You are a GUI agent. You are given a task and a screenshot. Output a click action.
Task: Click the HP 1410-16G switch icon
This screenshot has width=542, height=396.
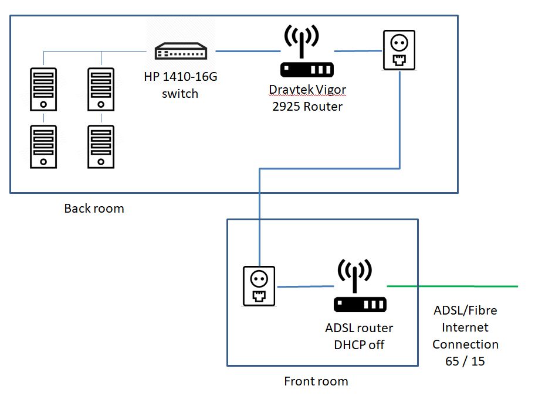pyautogui.click(x=181, y=52)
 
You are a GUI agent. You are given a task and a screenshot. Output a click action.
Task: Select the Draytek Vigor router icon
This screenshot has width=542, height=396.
pyautogui.click(x=307, y=53)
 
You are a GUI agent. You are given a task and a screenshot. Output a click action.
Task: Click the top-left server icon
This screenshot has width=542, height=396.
pyautogui.click(x=43, y=88)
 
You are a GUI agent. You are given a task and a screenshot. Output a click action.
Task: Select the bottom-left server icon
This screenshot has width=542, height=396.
pyautogui.click(x=43, y=146)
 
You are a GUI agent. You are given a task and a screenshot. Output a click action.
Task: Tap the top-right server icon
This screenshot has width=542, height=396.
pyautogui.click(x=100, y=88)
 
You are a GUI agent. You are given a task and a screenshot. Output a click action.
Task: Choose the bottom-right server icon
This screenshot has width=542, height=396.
pyautogui.click(x=100, y=146)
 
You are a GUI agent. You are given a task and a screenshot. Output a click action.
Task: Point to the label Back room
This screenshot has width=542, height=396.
pyautogui.click(x=94, y=209)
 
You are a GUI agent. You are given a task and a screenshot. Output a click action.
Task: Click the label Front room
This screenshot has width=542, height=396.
pyautogui.click(x=316, y=381)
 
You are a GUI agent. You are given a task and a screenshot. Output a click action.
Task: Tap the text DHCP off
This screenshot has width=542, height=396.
pyautogui.click(x=359, y=344)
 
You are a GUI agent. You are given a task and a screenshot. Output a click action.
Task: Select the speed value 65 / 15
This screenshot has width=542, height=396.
pyautogui.click(x=465, y=361)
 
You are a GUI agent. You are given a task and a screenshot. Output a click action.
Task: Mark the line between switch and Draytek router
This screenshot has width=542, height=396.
pyautogui.click(x=246, y=52)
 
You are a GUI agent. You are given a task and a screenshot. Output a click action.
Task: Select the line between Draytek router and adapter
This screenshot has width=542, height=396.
pyautogui.click(x=357, y=51)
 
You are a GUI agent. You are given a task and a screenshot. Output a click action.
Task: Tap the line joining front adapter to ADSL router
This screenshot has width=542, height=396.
pyautogui.click(x=305, y=286)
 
